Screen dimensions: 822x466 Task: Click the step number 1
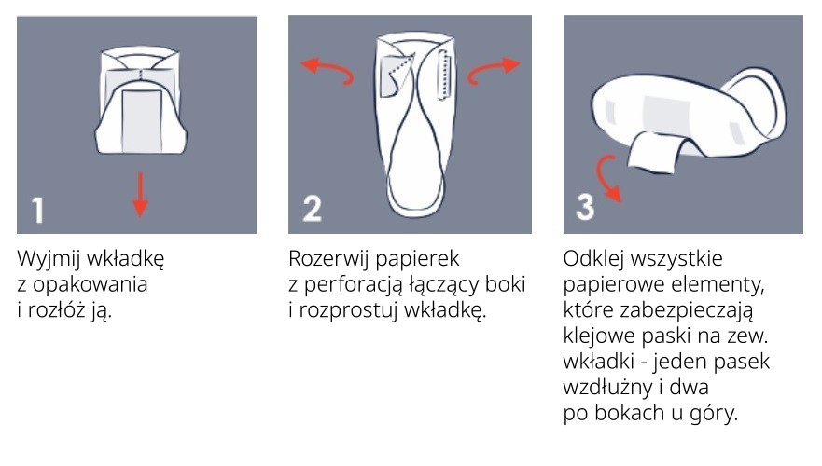click(x=37, y=211)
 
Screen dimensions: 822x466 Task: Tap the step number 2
click(x=313, y=209)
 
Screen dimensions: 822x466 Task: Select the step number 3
click(x=585, y=207)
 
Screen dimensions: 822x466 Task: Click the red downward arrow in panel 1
click(x=140, y=195)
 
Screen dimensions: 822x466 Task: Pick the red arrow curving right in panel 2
click(x=493, y=69)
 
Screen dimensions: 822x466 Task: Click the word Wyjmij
click(x=49, y=259)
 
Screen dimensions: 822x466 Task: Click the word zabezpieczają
click(x=686, y=311)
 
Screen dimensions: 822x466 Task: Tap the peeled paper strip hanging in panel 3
click(x=653, y=152)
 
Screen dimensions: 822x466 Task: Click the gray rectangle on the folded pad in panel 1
click(x=142, y=121)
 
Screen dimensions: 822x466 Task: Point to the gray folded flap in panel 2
click(x=393, y=75)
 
